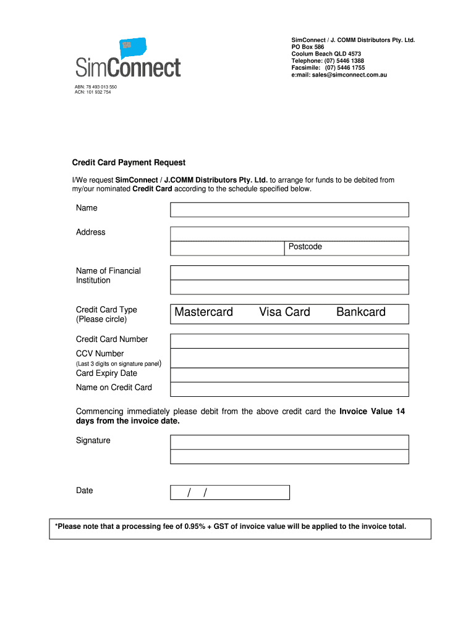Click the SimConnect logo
[128, 59]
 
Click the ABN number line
[96, 87]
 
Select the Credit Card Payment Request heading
[129, 162]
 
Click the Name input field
[289, 210]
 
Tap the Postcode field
[346, 247]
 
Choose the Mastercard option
[203, 312]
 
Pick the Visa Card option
[284, 312]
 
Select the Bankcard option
[360, 312]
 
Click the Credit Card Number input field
[289, 341]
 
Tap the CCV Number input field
[289, 358]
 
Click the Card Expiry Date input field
[289, 375]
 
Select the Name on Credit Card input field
[289, 389]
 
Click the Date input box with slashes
[229, 492]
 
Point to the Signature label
[93, 440]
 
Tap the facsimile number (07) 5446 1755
[344, 68]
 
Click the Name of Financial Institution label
[108, 275]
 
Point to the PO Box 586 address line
[307, 47]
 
